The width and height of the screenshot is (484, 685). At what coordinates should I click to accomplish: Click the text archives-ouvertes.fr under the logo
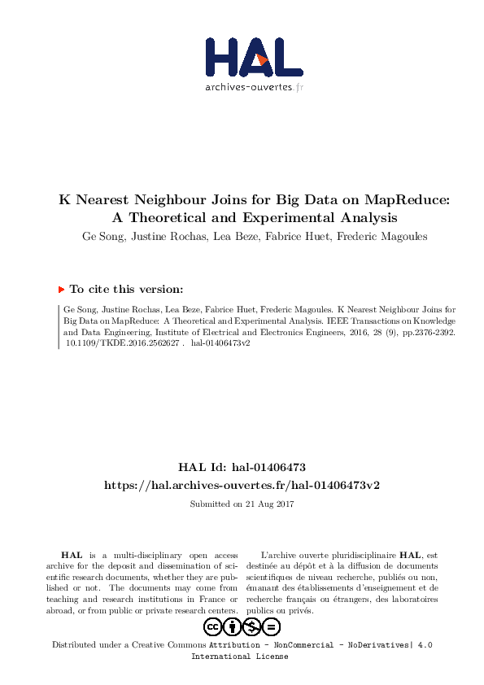(254, 87)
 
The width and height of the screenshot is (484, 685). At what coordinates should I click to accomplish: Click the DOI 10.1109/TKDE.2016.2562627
(120, 342)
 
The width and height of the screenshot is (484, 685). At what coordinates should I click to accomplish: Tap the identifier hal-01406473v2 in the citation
(220, 342)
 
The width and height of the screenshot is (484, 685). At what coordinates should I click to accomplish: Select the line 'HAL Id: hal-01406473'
(242, 468)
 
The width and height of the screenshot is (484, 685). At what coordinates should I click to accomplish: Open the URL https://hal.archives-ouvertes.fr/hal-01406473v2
(242, 485)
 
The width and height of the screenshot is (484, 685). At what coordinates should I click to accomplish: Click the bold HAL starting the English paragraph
(72, 554)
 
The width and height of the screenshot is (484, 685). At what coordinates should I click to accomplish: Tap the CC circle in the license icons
(213, 626)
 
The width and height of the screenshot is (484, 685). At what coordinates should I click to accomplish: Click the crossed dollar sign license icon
(252, 626)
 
